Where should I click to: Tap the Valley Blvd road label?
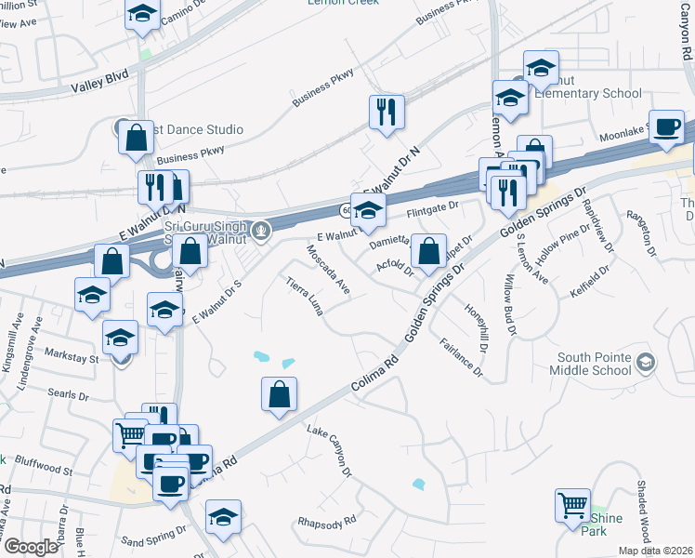99,86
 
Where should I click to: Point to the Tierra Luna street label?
305,297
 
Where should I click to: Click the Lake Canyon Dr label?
330,452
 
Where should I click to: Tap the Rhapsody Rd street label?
326,521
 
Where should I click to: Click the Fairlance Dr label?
461,357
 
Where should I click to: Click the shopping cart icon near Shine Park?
571,506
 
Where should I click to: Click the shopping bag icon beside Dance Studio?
136,137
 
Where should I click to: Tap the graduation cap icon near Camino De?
142,15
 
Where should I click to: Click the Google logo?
31,547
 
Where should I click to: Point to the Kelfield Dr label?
590,282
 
